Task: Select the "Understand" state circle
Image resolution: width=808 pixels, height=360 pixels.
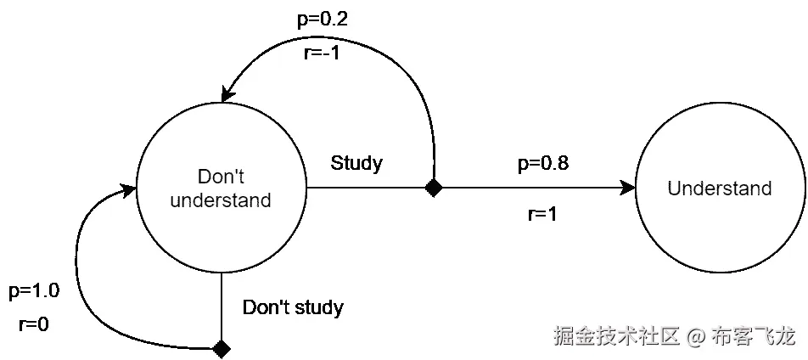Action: tap(719, 188)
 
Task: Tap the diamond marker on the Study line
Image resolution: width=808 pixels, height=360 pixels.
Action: tap(434, 188)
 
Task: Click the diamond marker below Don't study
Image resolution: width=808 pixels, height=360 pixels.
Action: tap(222, 348)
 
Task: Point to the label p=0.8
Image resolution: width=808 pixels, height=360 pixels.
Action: tap(542, 164)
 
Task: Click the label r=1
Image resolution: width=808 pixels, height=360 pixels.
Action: tap(541, 215)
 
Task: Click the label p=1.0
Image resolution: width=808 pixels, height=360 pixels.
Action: tap(34, 292)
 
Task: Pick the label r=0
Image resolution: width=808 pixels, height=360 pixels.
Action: tap(33, 323)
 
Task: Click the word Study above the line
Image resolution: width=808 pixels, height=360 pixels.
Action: tap(356, 163)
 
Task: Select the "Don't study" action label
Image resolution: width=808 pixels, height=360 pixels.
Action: tap(293, 307)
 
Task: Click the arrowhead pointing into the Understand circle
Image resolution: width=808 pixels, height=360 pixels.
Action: tap(627, 188)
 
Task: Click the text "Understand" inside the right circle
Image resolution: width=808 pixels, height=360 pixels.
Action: tap(719, 188)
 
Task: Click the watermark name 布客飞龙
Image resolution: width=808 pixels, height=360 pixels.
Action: tap(754, 337)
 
